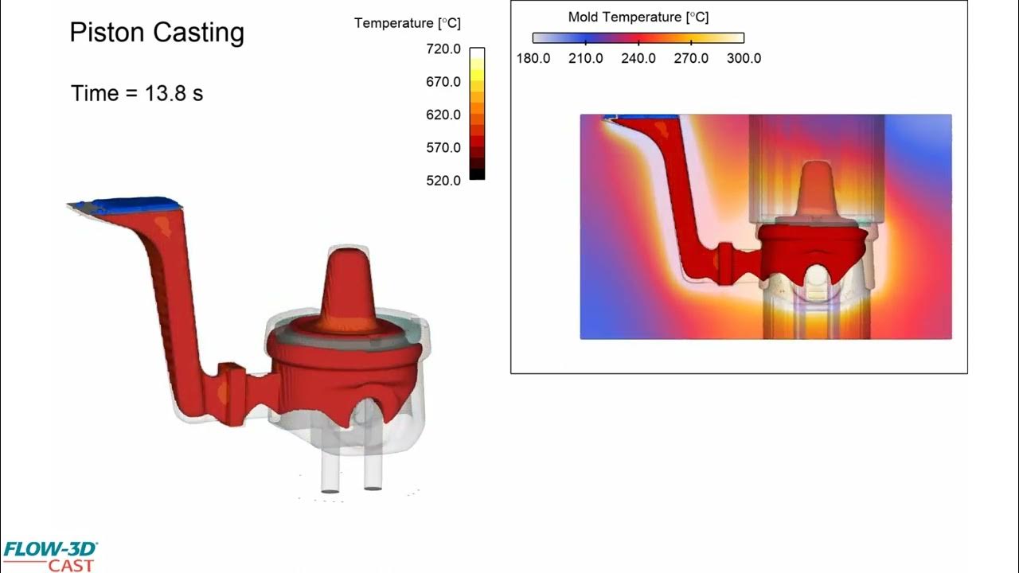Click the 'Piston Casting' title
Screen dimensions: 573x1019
pos(157,33)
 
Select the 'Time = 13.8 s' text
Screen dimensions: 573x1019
pos(137,93)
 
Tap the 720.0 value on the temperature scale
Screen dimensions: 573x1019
pos(443,49)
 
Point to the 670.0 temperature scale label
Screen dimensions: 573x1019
pos(443,82)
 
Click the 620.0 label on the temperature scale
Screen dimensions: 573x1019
pos(443,115)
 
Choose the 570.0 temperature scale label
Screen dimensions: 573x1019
pos(443,147)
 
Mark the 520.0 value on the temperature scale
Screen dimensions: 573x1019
pos(443,181)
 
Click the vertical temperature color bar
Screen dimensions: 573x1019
pos(477,114)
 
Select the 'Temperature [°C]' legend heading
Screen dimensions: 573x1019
pos(407,23)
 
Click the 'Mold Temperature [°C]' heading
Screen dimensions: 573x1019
pos(638,17)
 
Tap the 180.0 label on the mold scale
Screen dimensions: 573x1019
pos(533,58)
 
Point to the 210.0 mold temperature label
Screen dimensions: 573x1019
pos(586,58)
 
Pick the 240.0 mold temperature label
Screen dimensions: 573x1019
pos(638,58)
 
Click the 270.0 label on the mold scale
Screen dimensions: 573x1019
pos(691,58)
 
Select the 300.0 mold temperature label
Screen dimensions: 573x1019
pos(744,58)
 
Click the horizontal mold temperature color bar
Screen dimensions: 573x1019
pos(638,38)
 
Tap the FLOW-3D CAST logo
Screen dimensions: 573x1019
pos(49,555)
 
